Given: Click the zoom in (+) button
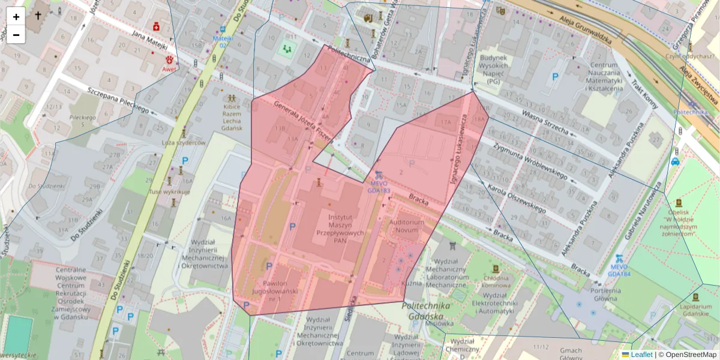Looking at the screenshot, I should coord(16,16).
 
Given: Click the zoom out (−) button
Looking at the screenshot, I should coord(16,35).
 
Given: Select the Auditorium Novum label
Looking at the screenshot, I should coord(407,226).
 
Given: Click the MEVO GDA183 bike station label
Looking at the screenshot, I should coord(379,187).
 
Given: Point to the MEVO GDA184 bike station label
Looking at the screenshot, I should coord(619,270).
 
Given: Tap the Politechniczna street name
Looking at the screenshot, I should coord(350,55).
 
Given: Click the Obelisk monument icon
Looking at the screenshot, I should coord(679,203).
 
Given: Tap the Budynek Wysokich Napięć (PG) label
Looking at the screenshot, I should coord(494,69).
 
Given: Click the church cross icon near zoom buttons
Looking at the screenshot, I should coord(38,16).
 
